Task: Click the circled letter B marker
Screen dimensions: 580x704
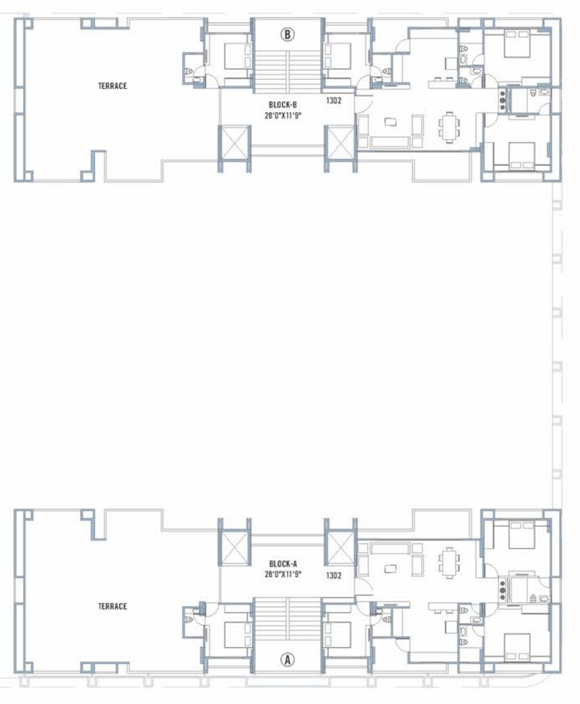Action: coord(287,35)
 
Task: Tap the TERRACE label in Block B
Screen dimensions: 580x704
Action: coord(113,86)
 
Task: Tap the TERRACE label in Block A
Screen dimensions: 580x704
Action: coord(113,606)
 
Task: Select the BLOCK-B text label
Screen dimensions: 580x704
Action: coord(283,105)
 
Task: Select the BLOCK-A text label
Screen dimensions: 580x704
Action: coord(283,564)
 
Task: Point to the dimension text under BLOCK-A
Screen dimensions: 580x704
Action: coord(283,575)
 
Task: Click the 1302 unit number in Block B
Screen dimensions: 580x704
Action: coord(334,100)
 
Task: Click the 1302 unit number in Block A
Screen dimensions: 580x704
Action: coord(334,575)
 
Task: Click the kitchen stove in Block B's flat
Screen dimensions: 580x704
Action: coord(503,100)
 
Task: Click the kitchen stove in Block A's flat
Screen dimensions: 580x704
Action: coord(503,590)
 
